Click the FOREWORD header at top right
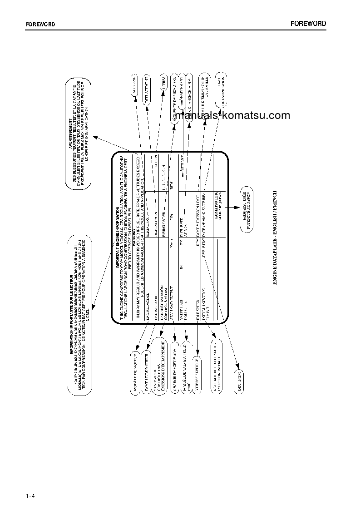[x=308, y=24]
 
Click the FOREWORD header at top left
[x=40, y=25]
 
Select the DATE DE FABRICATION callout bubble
[x=221, y=88]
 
